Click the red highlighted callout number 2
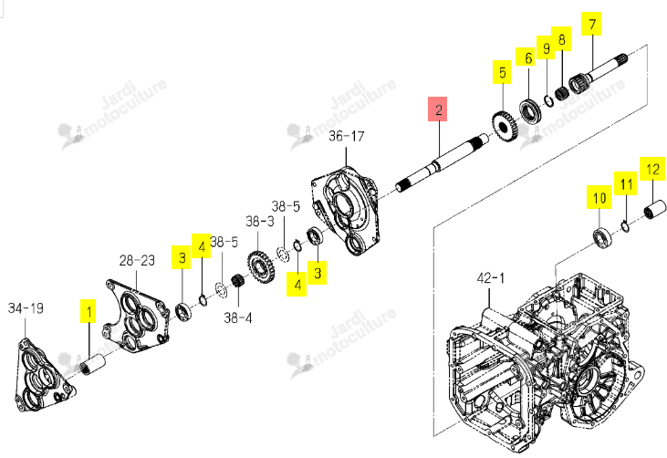coord(438,109)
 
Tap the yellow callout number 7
coord(591,24)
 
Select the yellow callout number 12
coord(652,169)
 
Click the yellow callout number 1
coord(89,312)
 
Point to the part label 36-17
coord(347,136)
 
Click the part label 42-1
coord(491,278)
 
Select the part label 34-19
coord(26,307)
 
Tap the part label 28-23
coord(137,260)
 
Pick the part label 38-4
coord(238,317)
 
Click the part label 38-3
coord(260,221)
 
